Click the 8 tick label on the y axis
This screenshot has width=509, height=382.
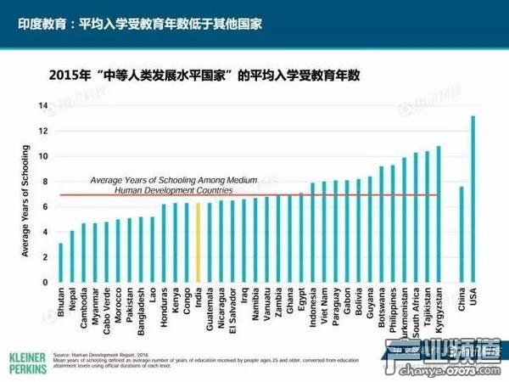point(42,181)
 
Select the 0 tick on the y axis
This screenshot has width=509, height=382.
point(42,282)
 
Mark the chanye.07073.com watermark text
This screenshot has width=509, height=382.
point(462,370)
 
